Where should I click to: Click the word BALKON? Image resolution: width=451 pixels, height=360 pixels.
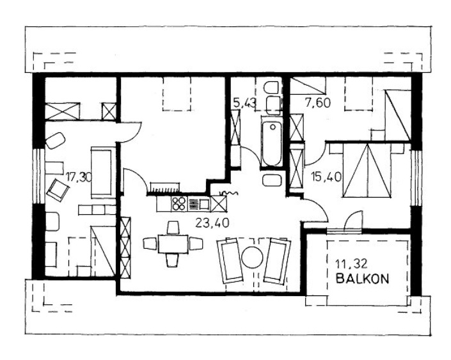pos(363,278)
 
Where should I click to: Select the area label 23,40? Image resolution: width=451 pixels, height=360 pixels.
pos(212,223)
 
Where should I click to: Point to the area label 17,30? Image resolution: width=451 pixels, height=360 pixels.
pos(78,177)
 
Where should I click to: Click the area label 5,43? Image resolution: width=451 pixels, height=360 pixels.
pos(244,103)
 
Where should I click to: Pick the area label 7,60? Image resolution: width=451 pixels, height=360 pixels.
pos(318,103)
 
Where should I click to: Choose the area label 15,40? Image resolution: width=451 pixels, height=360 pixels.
pos(327,176)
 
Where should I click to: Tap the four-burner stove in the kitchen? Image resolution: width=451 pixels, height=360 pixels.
pos(178,203)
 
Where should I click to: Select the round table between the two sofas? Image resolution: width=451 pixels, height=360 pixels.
pos(252,257)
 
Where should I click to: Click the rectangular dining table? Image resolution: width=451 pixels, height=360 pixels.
pos(173,244)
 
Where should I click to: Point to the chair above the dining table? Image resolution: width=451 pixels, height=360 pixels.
pos(173,228)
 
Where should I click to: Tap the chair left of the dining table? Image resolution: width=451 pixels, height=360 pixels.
pos(150,244)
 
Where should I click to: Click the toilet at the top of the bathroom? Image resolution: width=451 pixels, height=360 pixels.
pos(271,88)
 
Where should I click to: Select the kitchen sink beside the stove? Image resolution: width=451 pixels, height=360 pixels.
pos(204,204)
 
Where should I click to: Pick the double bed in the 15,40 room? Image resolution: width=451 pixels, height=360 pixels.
pos(367,171)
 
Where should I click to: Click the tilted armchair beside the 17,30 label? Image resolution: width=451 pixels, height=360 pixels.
pos(58,189)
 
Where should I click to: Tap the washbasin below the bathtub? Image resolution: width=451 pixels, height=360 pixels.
pos(272,180)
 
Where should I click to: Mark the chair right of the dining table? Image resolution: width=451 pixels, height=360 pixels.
pos(196,244)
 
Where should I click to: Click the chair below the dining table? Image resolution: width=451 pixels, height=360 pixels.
pos(173,260)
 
